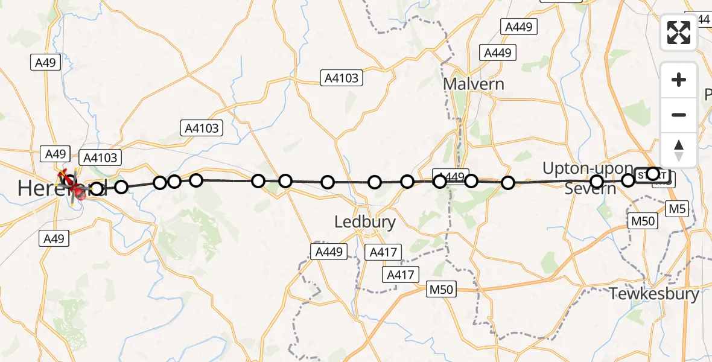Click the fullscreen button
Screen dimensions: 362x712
[679, 33]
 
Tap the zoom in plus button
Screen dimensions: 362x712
[679, 80]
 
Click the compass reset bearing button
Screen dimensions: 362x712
[679, 150]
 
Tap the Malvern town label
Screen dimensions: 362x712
[474, 83]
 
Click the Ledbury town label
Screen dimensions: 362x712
[365, 222]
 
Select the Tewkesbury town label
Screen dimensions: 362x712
[655, 294]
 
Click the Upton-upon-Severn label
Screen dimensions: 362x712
[588, 179]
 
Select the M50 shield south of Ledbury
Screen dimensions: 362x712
[440, 290]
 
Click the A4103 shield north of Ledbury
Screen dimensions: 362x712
[342, 77]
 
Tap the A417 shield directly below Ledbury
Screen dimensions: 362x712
[383, 253]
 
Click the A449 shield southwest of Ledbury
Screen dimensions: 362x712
[329, 252]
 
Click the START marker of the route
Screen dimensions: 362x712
[660, 176]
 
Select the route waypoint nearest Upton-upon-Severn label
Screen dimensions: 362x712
[597, 182]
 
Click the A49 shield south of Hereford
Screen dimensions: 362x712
[54, 239]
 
